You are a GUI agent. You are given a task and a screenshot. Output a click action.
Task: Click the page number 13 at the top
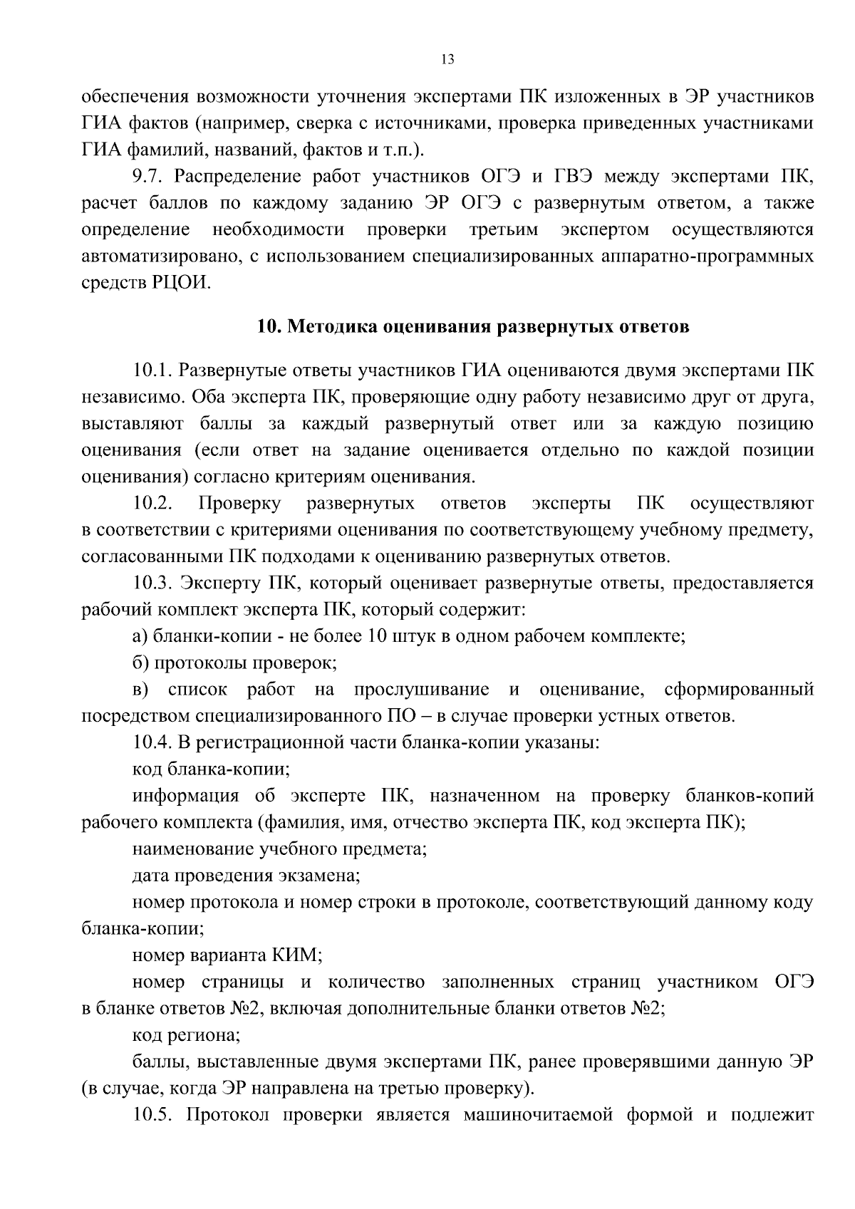[447, 60]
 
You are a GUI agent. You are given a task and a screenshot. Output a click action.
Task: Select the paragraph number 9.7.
[150, 176]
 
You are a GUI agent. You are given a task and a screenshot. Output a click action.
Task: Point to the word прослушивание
[422, 690]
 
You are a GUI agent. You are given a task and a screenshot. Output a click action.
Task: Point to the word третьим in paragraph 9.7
[504, 229]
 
